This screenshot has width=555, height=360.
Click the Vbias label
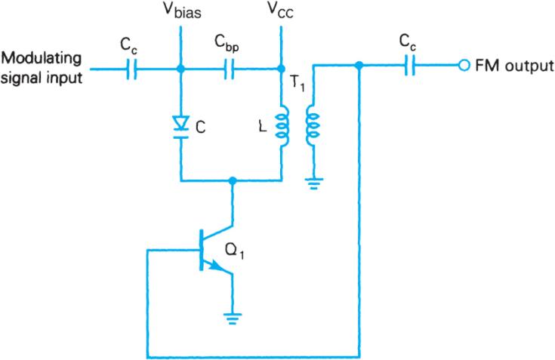tap(180, 14)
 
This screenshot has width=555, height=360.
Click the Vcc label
tap(281, 13)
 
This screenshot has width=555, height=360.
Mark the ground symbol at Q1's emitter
tap(233, 317)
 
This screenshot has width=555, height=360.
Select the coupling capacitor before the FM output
tap(412, 66)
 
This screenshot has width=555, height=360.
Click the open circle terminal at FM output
tap(464, 66)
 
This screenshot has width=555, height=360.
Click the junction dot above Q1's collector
tap(233, 181)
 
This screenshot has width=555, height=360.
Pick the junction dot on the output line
tap(361, 66)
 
